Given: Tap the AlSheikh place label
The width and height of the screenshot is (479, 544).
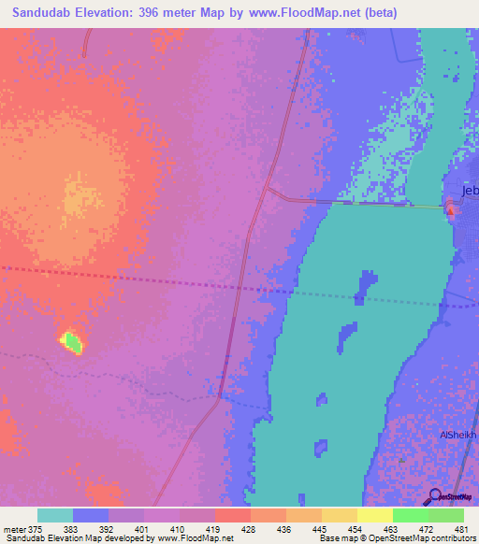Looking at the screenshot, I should click(458, 436).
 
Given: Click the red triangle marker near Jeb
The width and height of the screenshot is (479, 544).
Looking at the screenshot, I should click(451, 210).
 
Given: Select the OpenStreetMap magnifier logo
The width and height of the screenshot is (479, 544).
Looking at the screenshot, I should click(434, 496).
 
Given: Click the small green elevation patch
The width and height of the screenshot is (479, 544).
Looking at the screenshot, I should click(72, 343).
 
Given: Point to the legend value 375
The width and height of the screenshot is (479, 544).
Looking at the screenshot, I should click(34, 529).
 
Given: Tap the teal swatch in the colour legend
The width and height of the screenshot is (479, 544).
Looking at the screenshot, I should click(55, 515).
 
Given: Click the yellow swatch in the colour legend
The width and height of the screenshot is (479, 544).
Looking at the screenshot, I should click(374, 515).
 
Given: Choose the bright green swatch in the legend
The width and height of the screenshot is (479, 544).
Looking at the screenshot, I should click(410, 515).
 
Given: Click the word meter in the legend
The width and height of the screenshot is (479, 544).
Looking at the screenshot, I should click(13, 529).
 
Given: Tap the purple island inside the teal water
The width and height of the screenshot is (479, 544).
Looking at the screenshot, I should click(366, 286).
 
